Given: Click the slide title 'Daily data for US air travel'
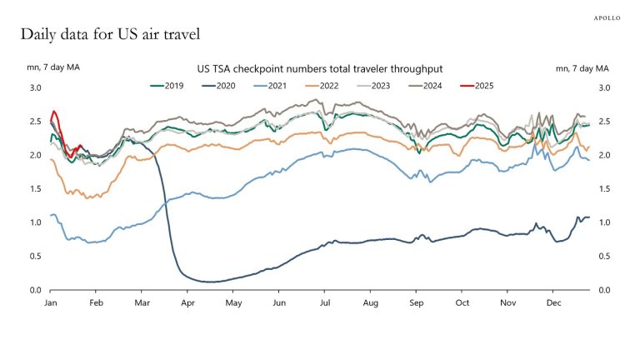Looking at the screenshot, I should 109,35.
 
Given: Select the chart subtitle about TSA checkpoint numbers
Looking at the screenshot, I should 319,68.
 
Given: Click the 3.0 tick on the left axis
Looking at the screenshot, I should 35,87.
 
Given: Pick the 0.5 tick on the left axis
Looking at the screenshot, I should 35,256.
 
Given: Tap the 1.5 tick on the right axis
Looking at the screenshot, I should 604,188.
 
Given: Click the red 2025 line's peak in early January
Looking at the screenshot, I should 54,111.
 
